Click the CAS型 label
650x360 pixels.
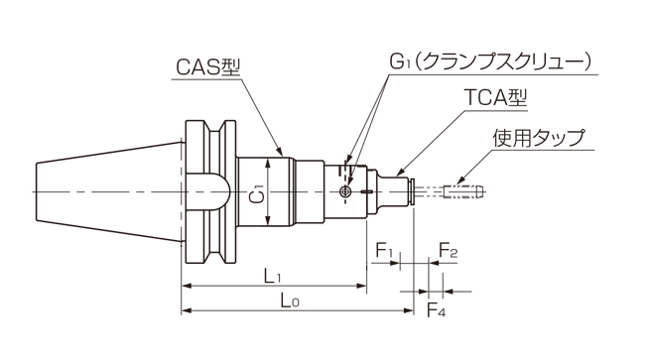pos(207,66)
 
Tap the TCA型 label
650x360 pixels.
pos(495,98)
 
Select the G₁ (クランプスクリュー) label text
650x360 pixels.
pos(490,62)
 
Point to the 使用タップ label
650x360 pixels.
pos(538,138)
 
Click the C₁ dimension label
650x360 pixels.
pos(258,193)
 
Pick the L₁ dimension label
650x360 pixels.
pos(272,276)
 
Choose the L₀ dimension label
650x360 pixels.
pos(290,300)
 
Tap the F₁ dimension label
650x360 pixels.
pos(384,250)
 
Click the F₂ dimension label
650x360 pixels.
pos(448,250)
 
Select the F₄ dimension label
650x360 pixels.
pos(436,309)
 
